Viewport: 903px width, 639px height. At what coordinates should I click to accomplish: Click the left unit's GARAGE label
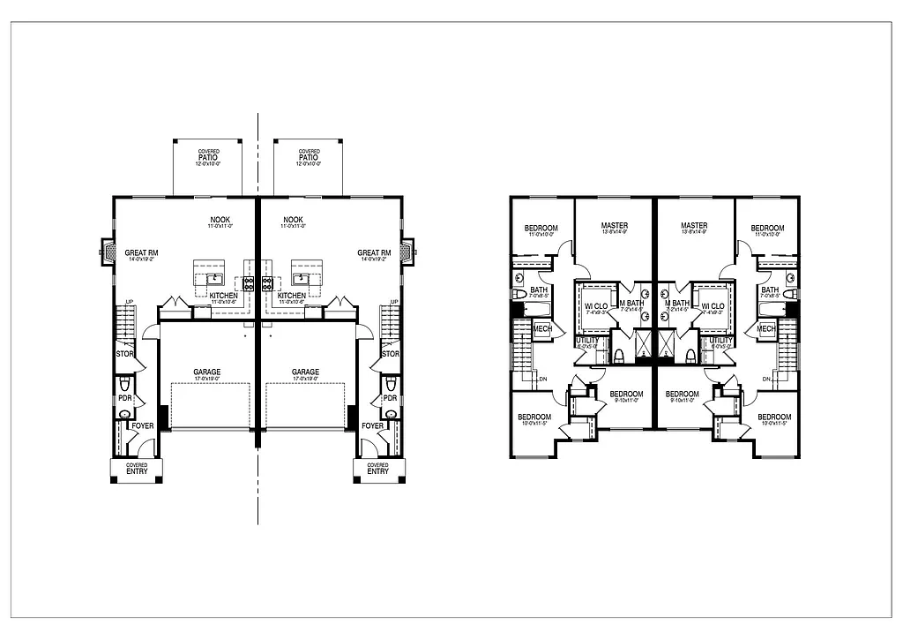[x=207, y=372]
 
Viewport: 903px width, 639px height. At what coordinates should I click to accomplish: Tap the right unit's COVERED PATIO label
[x=309, y=156]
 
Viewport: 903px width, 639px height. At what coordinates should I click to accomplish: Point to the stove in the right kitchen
[x=267, y=283]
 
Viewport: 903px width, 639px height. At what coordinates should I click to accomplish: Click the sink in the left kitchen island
[x=213, y=278]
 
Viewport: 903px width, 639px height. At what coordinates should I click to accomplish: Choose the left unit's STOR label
[x=124, y=354]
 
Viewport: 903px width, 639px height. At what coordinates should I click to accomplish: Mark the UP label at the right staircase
[x=393, y=302]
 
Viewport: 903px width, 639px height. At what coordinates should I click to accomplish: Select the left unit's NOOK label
[x=220, y=220]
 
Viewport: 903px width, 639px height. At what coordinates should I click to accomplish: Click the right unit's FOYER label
[x=373, y=425]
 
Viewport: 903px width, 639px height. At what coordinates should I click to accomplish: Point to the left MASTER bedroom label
[x=615, y=226]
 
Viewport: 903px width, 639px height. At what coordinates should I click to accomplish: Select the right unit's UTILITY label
[x=721, y=340]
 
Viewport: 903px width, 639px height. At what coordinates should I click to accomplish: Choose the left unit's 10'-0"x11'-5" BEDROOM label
[x=534, y=417]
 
